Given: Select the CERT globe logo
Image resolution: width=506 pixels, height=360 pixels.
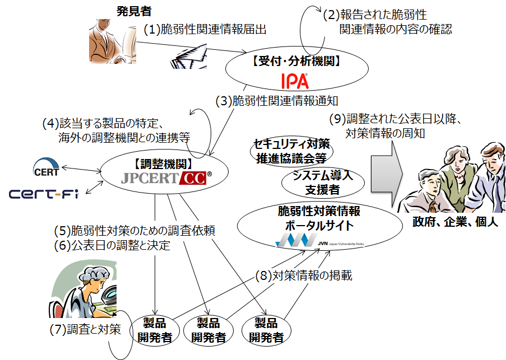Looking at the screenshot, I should click(45, 167).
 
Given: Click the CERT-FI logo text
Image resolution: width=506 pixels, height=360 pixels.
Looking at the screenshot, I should click(43, 194).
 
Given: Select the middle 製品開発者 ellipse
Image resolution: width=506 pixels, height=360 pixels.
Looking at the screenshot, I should click(208, 330).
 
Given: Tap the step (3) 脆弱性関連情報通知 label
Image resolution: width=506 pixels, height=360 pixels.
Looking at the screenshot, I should click(277, 101).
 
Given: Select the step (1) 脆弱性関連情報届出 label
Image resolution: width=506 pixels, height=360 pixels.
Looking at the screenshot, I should click(205, 29).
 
